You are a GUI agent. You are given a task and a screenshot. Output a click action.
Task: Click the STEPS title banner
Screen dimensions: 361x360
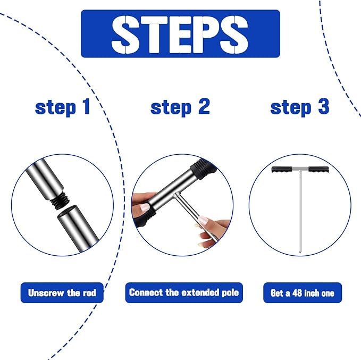point(180,34)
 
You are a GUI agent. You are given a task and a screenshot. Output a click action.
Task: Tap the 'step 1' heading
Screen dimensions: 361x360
point(63,107)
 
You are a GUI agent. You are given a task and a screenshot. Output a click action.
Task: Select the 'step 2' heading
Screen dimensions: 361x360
point(180,107)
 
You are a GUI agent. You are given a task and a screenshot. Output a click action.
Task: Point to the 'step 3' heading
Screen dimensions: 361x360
point(300,107)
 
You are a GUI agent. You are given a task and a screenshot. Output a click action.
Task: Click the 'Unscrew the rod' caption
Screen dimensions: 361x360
point(62,293)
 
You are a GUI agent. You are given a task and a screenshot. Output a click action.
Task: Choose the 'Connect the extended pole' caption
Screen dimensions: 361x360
point(184,292)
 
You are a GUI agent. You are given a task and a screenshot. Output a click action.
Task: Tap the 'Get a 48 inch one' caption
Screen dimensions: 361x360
point(303,293)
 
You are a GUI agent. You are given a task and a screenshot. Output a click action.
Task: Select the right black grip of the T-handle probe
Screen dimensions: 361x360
point(318,170)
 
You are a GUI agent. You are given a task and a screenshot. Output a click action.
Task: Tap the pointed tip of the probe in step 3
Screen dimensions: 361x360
point(300,253)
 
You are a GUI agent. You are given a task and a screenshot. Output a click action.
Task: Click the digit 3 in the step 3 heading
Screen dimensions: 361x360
point(324,106)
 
